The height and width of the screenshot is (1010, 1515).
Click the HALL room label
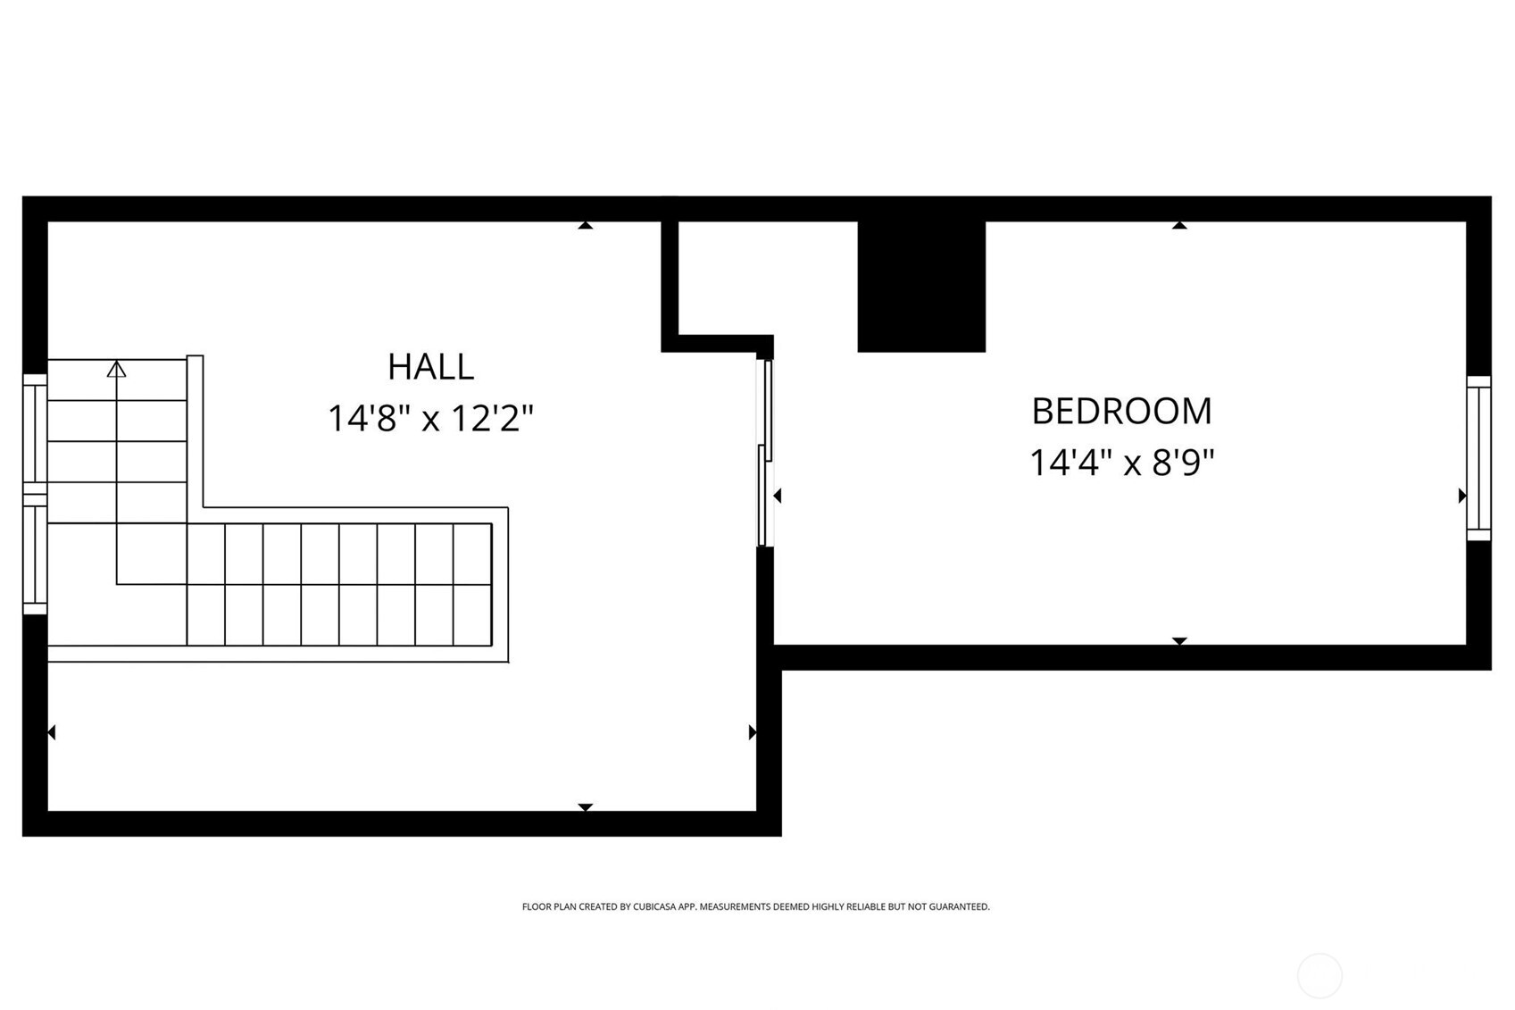click(430, 366)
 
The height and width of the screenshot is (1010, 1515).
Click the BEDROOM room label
click(1121, 412)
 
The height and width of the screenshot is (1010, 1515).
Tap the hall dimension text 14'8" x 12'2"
click(430, 418)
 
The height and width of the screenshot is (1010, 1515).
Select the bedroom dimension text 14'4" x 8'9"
click(1121, 463)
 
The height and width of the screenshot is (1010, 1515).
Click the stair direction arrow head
click(116, 369)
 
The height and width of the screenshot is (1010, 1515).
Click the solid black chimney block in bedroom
click(920, 286)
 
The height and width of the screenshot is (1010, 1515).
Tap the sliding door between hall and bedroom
click(764, 451)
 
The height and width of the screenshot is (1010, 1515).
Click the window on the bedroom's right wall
click(1478, 457)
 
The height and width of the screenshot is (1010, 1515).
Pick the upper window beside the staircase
click(35, 432)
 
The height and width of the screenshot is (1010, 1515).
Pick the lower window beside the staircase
click(35, 555)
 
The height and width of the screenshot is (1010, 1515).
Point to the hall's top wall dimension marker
click(585, 226)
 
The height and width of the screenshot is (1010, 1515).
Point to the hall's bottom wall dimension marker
click(585, 806)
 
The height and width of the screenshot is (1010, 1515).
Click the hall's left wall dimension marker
click(52, 732)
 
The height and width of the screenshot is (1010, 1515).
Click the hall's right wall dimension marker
click(752, 732)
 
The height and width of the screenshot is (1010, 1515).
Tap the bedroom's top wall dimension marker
click(1179, 226)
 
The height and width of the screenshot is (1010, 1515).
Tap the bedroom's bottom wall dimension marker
click(1179, 640)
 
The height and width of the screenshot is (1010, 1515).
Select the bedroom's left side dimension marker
click(778, 496)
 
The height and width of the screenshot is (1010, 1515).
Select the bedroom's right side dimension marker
click(1461, 496)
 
